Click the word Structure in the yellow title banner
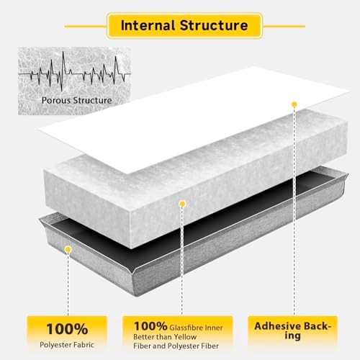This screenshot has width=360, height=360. [x=214, y=25]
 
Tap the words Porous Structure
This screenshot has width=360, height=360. [x=77, y=100]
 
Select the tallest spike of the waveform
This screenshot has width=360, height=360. [x=63, y=71]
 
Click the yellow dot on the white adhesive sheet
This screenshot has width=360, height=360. [x=294, y=104]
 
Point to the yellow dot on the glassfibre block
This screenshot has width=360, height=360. [x=182, y=204]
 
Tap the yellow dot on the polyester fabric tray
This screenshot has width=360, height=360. [x=68, y=250]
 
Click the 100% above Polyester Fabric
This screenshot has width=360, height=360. [x=67, y=329]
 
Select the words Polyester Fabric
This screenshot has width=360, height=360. [x=67, y=345]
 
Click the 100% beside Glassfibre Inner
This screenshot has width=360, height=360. [x=150, y=326]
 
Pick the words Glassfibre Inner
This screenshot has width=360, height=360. [x=196, y=328]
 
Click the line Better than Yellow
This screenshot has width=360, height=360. [x=165, y=337]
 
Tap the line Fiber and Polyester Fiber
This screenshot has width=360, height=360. [x=176, y=346]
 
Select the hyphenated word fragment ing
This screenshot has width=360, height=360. [x=292, y=336]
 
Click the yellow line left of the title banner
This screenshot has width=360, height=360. [x=86, y=26]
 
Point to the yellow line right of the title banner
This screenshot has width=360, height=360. [x=284, y=26]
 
